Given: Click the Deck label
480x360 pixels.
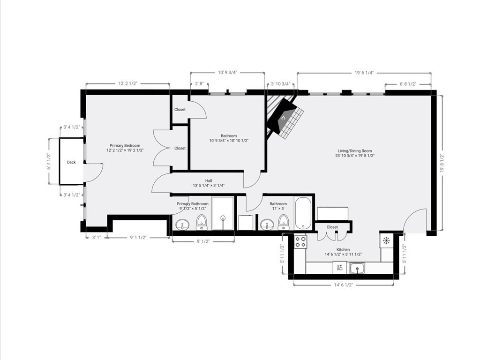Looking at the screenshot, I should (71, 162).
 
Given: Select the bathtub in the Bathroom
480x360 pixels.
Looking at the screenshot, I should (303, 213).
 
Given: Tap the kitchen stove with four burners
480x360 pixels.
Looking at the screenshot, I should (300, 241).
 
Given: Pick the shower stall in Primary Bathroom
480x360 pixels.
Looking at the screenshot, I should (223, 214).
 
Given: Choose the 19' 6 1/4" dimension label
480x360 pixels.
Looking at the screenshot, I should (364, 73).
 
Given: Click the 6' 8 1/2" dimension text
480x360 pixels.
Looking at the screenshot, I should (408, 84).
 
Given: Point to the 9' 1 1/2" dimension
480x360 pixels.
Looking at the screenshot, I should (138, 238).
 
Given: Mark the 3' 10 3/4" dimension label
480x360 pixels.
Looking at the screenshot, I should (281, 84).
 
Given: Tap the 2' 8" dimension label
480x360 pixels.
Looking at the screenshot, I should (199, 84).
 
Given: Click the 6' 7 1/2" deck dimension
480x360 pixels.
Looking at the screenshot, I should (49, 162).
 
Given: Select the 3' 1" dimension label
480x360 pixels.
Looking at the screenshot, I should (96, 238).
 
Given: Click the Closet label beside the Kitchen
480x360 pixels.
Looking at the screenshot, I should (332, 227).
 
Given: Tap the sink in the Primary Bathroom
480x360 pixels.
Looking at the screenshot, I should (183, 225).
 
